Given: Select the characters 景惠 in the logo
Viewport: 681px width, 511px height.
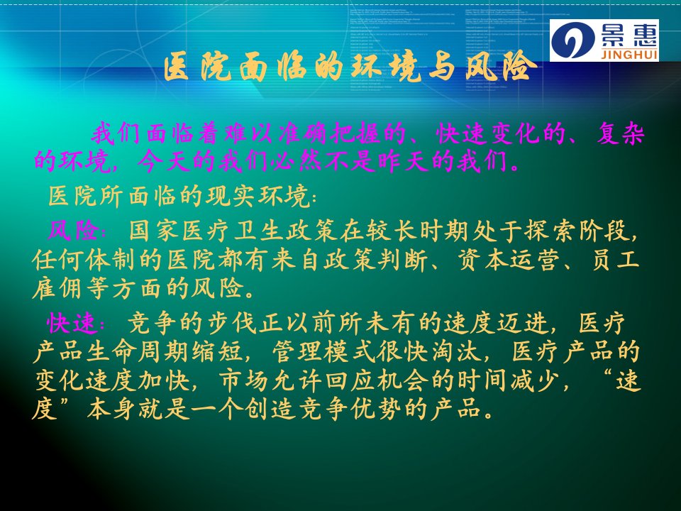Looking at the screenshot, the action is click(x=630, y=35).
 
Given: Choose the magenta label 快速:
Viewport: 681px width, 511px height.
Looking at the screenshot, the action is click(x=76, y=323).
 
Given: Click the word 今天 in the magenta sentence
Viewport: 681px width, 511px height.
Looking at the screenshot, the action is click(x=163, y=162).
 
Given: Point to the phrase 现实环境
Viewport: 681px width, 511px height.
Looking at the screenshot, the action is click(x=258, y=196).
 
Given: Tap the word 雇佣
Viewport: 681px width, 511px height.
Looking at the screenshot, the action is click(x=57, y=289).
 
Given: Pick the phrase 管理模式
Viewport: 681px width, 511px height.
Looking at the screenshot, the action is click(x=323, y=351).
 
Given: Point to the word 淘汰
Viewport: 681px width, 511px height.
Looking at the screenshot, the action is click(x=457, y=351).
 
